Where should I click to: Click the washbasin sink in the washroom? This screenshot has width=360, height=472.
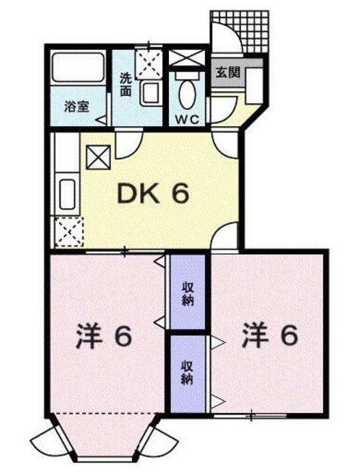[152, 93]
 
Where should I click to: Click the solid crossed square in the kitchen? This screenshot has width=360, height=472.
[98, 156]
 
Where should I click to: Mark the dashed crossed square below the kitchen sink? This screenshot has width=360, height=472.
[68, 233]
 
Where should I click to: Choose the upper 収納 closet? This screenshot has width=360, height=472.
[187, 291]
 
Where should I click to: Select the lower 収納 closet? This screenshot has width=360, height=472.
[187, 372]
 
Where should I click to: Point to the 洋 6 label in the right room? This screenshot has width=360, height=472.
[269, 335]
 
